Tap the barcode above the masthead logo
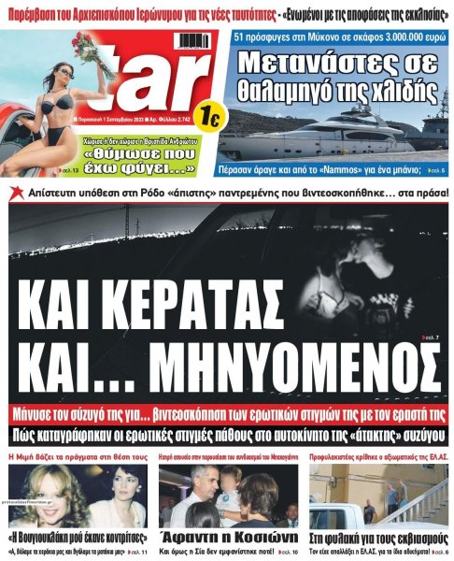point(192,39)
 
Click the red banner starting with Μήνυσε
point(230,412)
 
